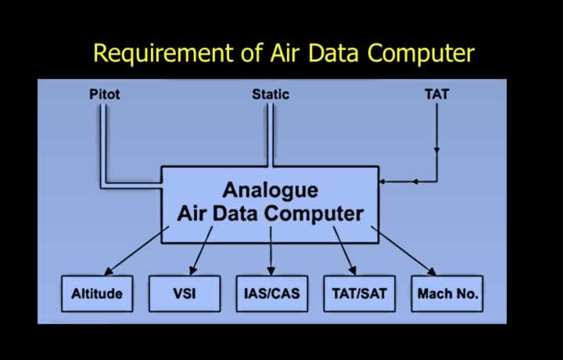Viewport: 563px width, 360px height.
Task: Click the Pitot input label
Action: click(x=105, y=94)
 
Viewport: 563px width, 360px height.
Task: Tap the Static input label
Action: click(x=271, y=94)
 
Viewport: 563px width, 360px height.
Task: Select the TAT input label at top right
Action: click(x=437, y=94)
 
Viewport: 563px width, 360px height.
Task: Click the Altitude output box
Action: click(x=97, y=293)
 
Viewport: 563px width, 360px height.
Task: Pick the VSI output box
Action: click(x=185, y=293)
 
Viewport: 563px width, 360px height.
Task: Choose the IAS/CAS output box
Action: click(x=272, y=293)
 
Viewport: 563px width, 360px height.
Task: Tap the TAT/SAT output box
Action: click(x=360, y=293)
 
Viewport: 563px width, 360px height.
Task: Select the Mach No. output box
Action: click(x=447, y=293)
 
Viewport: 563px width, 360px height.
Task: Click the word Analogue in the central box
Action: click(x=271, y=190)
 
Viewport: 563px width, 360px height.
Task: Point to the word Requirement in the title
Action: click(x=163, y=53)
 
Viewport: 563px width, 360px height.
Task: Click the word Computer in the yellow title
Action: click(x=421, y=54)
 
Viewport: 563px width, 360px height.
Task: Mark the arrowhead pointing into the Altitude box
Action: click(x=108, y=272)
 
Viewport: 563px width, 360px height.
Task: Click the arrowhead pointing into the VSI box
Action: click(x=193, y=271)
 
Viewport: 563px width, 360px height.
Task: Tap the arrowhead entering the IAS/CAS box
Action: click(x=271, y=271)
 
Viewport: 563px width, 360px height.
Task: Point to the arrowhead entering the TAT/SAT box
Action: click(x=353, y=271)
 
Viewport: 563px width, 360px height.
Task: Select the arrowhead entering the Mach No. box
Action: click(x=432, y=272)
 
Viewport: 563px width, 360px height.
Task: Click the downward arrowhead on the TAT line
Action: click(x=437, y=149)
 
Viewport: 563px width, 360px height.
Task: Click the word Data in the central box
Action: click(x=236, y=214)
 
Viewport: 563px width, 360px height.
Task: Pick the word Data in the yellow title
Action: click(x=334, y=53)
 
